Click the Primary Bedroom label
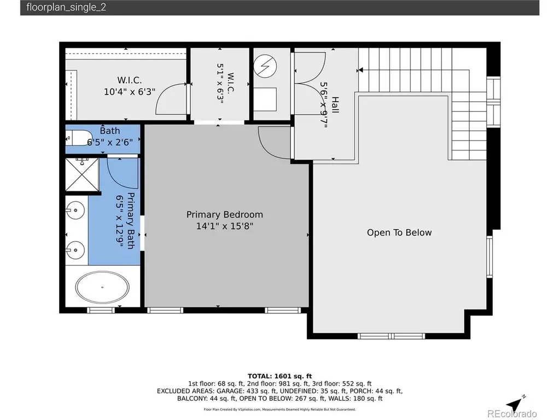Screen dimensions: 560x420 click(224, 214)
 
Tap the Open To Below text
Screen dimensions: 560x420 click(399, 232)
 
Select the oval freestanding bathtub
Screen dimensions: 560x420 click(102, 287)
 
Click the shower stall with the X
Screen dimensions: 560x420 click(82, 174)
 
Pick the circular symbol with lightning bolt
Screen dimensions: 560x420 click(265, 66)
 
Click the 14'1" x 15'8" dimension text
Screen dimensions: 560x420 click(224, 226)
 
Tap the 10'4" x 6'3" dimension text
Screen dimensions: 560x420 click(129, 92)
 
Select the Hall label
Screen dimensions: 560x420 click(335, 105)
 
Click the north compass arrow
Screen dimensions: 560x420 click(516, 404)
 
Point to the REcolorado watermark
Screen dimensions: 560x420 click(512, 413)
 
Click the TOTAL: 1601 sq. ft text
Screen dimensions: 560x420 click(279, 376)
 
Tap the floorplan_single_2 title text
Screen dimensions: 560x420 click(66, 8)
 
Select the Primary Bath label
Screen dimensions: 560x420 click(131, 221)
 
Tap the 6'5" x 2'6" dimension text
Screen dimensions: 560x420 click(109, 143)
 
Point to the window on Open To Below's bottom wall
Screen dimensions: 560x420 click(392, 336)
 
